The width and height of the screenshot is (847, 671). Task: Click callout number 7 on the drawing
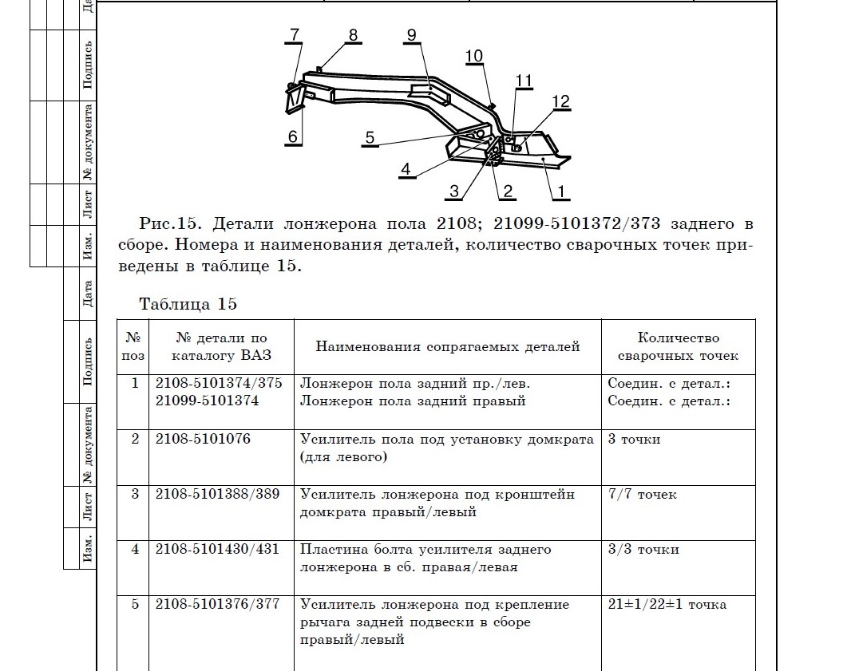point(294,34)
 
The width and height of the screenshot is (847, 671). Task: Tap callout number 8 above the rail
point(352,35)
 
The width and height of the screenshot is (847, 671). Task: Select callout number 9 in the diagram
point(410,34)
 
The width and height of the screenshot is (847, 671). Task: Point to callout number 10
point(473,56)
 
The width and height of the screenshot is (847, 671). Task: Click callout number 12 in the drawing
point(560,101)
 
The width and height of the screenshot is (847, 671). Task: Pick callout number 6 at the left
point(293,136)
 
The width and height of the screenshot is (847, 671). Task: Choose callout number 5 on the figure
point(370,137)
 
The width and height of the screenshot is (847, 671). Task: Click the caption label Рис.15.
point(164,224)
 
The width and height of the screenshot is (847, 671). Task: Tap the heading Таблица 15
point(188,304)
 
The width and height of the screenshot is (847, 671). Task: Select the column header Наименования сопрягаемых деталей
point(447,347)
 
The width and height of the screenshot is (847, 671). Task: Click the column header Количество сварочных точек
point(678,347)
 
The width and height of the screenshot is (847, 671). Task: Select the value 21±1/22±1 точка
point(667,604)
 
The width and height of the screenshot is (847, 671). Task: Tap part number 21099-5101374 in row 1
point(207,401)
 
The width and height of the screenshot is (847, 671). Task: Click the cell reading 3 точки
point(634,439)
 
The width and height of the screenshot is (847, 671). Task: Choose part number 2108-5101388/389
point(217,494)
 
